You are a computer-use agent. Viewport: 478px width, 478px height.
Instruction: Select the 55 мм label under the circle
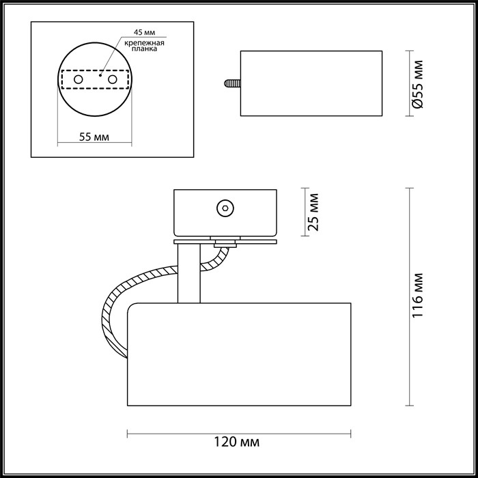(x=95, y=137)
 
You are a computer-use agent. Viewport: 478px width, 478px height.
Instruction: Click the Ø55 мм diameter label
(x=419, y=83)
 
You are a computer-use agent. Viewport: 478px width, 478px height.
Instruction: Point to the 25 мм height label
(x=313, y=212)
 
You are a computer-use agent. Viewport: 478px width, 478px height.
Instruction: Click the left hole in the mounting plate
(x=79, y=80)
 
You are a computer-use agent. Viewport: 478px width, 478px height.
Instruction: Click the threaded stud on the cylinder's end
(x=231, y=84)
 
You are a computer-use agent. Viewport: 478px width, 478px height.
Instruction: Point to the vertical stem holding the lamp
(x=188, y=273)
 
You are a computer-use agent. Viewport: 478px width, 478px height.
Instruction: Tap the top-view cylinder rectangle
(x=311, y=83)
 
